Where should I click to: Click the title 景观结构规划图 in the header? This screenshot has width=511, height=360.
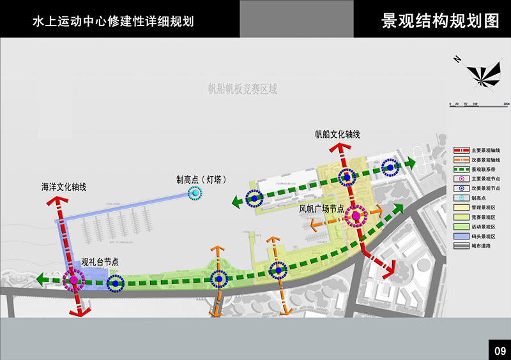[x=440, y=20]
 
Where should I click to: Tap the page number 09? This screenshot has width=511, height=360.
[x=500, y=350]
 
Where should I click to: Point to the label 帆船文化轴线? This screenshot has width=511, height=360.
[x=337, y=135]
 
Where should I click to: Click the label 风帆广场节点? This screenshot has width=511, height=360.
[x=322, y=208]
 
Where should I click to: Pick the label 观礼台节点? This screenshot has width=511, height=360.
[x=100, y=262]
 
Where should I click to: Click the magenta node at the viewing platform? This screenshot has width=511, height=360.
[x=73, y=279]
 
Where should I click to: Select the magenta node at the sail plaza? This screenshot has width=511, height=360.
[x=355, y=216]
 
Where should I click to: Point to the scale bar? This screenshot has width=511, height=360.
[x=478, y=103]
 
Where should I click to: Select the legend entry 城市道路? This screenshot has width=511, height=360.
[x=484, y=246]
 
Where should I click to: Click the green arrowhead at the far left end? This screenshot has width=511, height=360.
[x=42, y=279]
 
